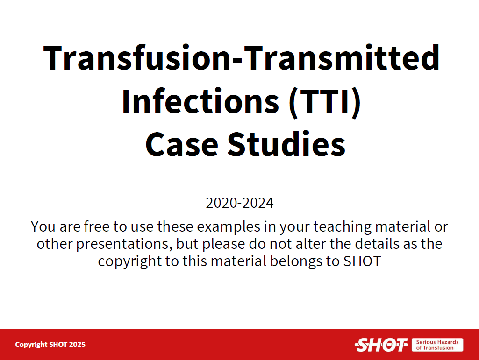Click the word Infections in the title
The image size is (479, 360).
coord(200,101)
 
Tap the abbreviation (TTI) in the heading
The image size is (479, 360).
coord(325,102)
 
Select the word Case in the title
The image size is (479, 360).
coord(182,144)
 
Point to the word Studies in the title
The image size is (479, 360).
coord(286,143)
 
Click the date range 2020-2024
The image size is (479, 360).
coord(239,203)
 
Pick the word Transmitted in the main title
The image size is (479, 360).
coord(342,58)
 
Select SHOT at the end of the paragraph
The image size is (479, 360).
coord(362,261)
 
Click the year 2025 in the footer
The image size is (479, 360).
coord(77,345)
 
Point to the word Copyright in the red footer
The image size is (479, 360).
coord(31,345)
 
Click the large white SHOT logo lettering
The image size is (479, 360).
coord(381,345)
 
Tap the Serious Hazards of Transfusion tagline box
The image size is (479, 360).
coord(437,345)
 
